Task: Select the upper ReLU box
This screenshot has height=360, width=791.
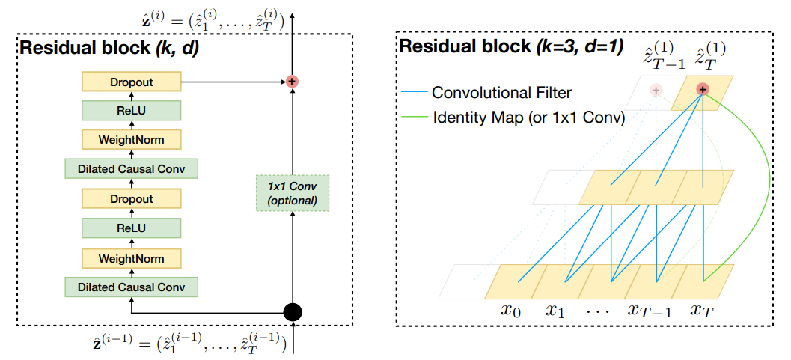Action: (x=131, y=110)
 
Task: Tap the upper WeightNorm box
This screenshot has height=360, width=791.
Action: (x=131, y=139)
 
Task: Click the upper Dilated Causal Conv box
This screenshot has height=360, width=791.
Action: (x=131, y=169)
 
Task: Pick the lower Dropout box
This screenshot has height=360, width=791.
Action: (x=131, y=199)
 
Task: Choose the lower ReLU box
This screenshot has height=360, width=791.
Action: (x=131, y=228)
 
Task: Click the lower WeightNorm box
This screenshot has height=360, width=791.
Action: (x=131, y=257)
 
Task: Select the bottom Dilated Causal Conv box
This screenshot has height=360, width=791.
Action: (x=131, y=287)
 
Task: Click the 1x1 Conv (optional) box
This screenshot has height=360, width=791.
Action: (x=293, y=193)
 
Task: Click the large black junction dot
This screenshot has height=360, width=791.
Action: (x=293, y=311)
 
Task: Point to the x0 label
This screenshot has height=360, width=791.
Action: (x=511, y=310)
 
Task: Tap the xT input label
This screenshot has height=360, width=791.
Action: (x=704, y=310)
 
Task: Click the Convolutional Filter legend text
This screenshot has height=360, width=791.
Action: (x=501, y=94)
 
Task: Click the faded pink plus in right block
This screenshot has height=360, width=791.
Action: (x=656, y=90)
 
